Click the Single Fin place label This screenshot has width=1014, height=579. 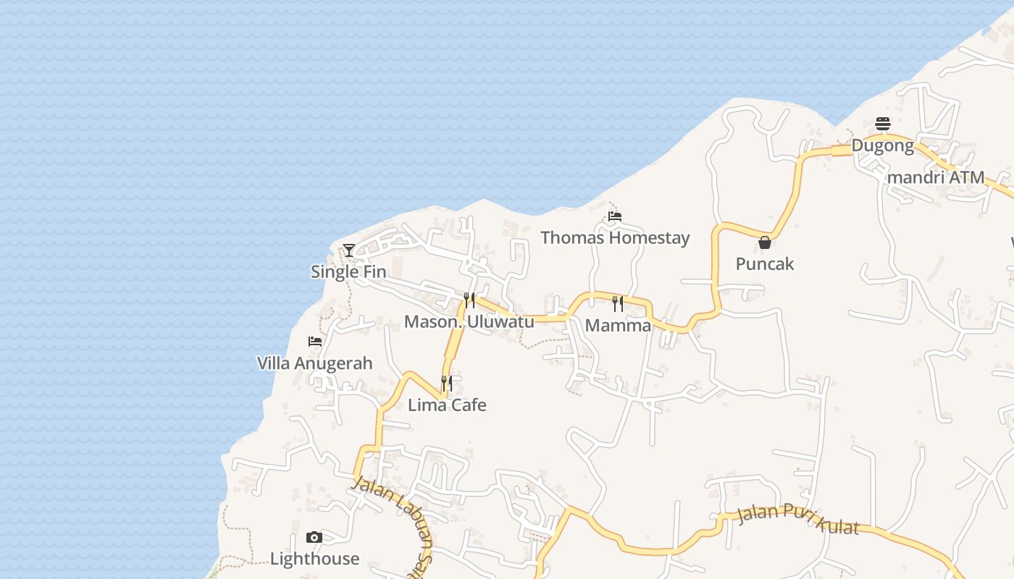pyautogui.click(x=348, y=271)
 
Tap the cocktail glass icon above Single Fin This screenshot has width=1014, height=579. pyautogui.click(x=349, y=250)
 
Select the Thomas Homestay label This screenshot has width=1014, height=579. pyautogui.click(x=615, y=237)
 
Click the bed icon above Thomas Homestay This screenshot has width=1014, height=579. pyautogui.click(x=615, y=216)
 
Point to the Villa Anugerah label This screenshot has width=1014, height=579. pyautogui.click(x=315, y=363)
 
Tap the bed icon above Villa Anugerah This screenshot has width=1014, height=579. pyautogui.click(x=315, y=341)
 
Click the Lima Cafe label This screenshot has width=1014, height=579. pyautogui.click(x=447, y=405)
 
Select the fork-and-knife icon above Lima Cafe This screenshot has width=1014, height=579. pyautogui.click(x=447, y=383)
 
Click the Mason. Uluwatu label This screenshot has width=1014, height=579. pyautogui.click(x=469, y=321)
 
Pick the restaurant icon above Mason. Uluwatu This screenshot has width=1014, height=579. pyautogui.click(x=469, y=300)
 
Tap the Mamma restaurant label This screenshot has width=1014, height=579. pyautogui.click(x=618, y=325)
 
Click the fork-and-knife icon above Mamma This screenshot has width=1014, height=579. pyautogui.click(x=618, y=303)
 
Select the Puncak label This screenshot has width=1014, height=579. pyautogui.click(x=765, y=263)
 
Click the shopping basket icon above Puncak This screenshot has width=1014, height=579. pyautogui.click(x=765, y=242)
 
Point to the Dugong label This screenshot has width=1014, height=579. pyautogui.click(x=882, y=145)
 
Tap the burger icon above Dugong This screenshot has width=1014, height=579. pyautogui.click(x=882, y=124)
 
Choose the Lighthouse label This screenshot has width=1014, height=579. pyautogui.click(x=314, y=558)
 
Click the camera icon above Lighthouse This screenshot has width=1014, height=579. pyautogui.click(x=314, y=537)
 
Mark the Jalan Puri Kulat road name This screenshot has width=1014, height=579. pyautogui.click(x=797, y=520)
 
